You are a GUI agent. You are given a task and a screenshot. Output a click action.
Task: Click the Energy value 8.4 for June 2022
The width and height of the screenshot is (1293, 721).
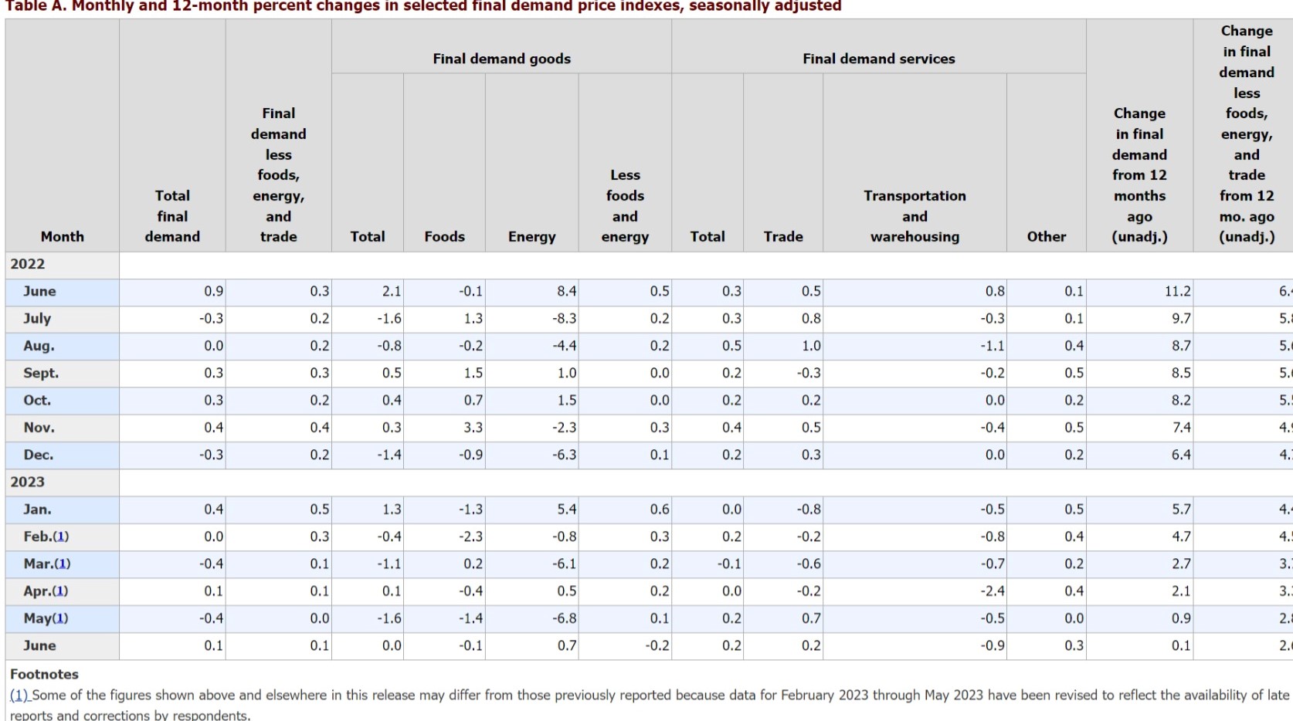(566, 291)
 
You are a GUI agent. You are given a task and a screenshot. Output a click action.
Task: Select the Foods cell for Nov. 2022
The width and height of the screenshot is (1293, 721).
(473, 428)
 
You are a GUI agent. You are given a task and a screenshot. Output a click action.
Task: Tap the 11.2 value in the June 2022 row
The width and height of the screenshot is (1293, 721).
(1177, 291)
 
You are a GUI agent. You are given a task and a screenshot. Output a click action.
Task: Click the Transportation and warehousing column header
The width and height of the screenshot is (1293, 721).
(915, 216)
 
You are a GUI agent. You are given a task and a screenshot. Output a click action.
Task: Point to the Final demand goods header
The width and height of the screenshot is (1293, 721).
(501, 59)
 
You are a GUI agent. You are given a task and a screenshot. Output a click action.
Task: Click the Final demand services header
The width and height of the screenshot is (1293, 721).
(878, 59)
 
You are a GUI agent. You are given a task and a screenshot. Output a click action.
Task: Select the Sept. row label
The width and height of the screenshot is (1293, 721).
(41, 373)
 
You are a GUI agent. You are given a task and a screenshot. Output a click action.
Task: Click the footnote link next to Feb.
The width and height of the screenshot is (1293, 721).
(61, 537)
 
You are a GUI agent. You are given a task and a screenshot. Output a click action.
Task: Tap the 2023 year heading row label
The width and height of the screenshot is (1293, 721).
(28, 482)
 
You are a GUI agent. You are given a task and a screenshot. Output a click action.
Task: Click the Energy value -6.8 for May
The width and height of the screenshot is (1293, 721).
(565, 618)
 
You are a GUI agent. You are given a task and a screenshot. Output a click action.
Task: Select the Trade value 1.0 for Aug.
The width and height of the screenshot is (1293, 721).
(811, 346)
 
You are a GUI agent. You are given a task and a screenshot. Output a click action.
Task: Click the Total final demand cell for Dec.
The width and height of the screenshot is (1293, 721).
(211, 455)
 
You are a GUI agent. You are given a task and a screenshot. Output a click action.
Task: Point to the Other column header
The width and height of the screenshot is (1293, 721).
(1046, 237)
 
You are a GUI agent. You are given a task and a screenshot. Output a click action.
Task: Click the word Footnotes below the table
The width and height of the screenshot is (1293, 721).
(44, 674)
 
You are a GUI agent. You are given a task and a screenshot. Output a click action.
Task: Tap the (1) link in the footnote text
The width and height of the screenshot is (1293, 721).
(19, 695)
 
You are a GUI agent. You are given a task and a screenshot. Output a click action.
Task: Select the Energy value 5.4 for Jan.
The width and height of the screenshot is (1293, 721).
(566, 509)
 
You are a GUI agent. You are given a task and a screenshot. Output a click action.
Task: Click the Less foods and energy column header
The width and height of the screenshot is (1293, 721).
(625, 206)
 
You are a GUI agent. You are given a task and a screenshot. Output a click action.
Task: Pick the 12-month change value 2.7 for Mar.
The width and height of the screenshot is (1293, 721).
(1180, 564)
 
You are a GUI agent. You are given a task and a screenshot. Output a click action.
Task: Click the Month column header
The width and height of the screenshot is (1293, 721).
(62, 237)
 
